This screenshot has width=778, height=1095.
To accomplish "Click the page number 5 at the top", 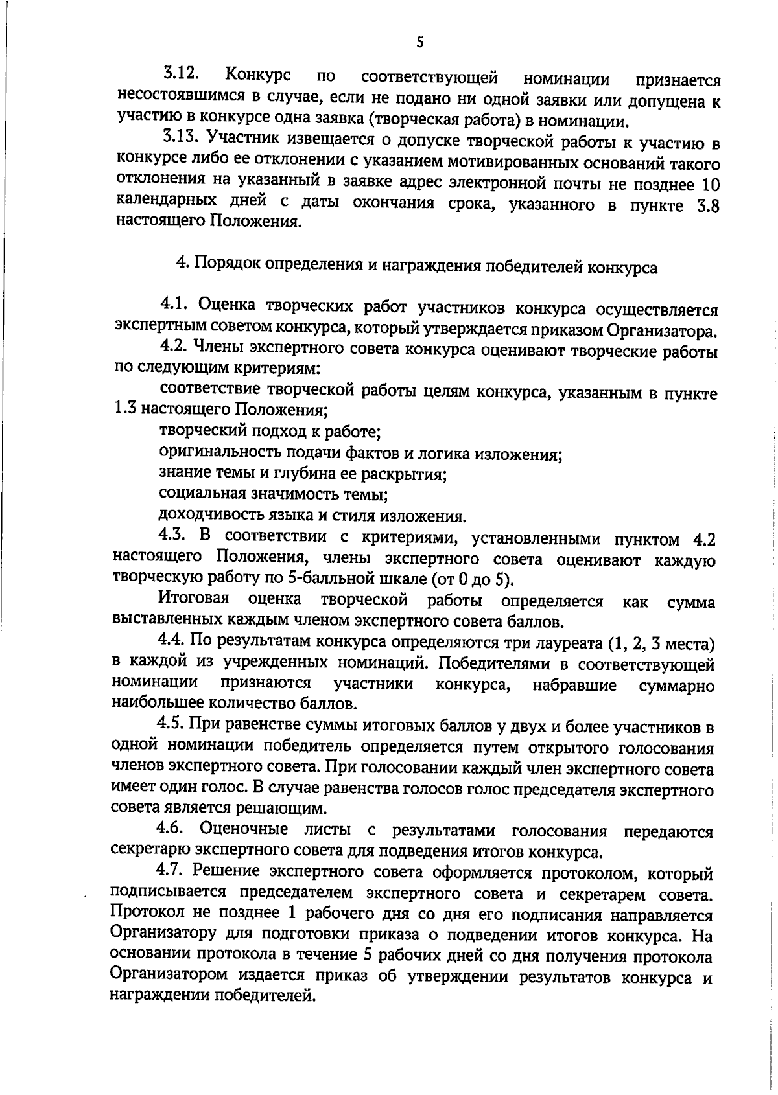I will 419,42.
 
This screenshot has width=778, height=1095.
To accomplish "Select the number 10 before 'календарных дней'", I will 711,185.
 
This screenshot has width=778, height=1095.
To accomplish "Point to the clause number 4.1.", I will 174,304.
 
